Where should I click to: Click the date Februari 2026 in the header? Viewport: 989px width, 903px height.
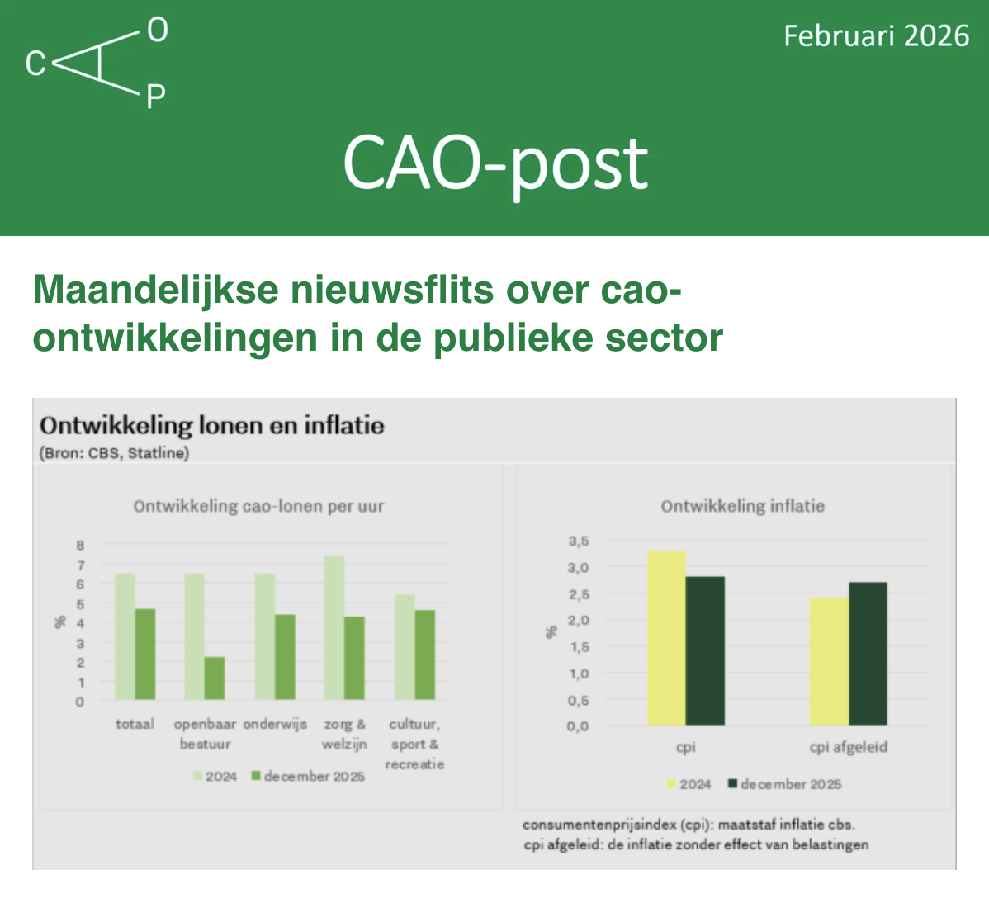(x=876, y=36)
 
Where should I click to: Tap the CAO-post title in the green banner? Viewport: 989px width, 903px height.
(x=496, y=166)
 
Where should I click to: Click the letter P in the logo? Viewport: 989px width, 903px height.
(x=156, y=97)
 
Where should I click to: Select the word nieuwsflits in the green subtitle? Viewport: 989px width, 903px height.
(x=391, y=290)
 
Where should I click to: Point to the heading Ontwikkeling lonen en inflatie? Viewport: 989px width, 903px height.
(x=212, y=426)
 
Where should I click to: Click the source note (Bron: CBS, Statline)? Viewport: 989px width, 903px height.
(x=114, y=453)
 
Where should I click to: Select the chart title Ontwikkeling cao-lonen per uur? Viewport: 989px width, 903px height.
(x=258, y=506)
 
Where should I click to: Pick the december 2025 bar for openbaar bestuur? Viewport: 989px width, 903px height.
(x=215, y=678)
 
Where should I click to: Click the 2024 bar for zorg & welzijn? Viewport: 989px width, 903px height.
(x=334, y=627)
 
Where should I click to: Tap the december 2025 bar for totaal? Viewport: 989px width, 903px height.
(x=145, y=655)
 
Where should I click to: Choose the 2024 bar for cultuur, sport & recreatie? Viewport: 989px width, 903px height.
(x=405, y=647)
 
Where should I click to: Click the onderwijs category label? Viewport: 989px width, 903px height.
(x=275, y=724)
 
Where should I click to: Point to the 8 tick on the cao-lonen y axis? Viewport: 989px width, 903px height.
(x=80, y=546)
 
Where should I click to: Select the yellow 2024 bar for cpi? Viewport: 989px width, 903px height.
(x=667, y=638)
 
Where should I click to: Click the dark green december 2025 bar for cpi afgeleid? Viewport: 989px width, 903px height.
(x=868, y=654)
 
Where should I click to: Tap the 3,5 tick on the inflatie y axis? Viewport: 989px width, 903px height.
(x=579, y=541)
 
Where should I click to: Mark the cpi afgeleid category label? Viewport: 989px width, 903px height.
(x=849, y=747)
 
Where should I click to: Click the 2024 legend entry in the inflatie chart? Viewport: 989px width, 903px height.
(x=689, y=784)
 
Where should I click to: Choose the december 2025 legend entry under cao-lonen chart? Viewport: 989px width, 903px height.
(x=308, y=776)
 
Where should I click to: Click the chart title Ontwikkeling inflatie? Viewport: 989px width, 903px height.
(x=742, y=506)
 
